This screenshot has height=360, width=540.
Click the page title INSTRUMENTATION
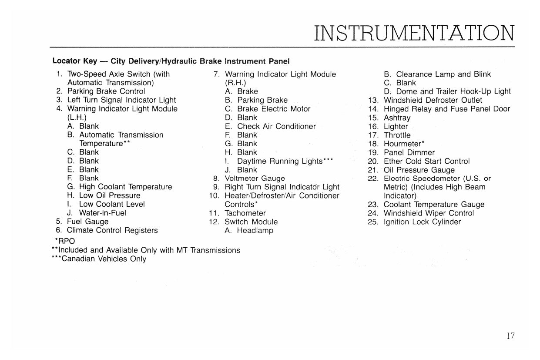click(414, 33)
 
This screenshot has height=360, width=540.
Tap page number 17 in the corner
click(510, 336)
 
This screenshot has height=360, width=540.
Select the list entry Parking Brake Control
click(106, 91)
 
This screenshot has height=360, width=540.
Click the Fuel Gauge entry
click(87, 222)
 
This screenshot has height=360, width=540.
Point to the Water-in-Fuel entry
click(102, 213)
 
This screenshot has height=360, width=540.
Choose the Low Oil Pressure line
click(110, 195)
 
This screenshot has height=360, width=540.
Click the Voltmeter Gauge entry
click(255, 178)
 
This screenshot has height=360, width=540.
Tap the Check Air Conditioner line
click(276, 126)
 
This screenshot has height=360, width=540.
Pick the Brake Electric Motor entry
click(274, 109)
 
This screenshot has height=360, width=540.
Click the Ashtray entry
click(397, 118)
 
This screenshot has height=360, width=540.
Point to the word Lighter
click(396, 127)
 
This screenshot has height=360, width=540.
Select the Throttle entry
click(397, 135)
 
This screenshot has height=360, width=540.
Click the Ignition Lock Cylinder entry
click(422, 222)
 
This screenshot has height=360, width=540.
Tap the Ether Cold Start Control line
click(426, 161)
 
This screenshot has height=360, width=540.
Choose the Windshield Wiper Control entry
click(429, 213)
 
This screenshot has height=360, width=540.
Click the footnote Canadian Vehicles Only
click(104, 259)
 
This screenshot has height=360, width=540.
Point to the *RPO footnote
click(64, 241)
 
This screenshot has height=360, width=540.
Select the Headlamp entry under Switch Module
click(255, 230)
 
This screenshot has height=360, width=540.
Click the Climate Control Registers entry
click(112, 230)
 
